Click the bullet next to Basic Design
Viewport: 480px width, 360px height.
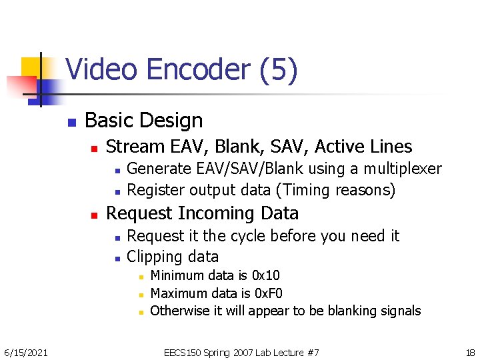70,122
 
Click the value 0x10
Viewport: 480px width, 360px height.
266,275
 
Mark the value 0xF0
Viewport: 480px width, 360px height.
269,293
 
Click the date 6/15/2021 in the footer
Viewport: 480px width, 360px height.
26,352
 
